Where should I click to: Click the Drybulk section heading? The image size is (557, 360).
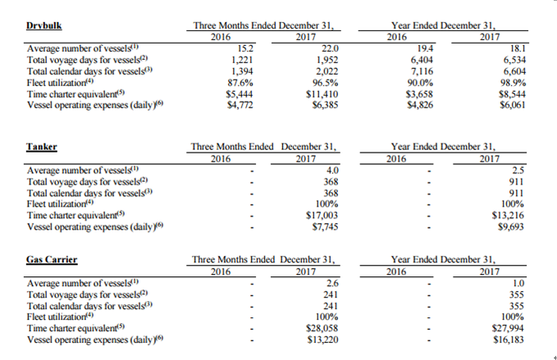click(x=44, y=25)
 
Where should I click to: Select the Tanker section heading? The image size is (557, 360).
click(x=42, y=147)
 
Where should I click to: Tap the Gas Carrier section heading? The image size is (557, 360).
click(x=52, y=259)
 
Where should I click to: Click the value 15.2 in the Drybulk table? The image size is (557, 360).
click(x=245, y=48)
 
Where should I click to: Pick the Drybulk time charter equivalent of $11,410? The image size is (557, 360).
click(x=322, y=94)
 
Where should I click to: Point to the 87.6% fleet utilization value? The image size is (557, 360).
click(x=240, y=83)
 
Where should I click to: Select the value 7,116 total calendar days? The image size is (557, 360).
click(x=422, y=71)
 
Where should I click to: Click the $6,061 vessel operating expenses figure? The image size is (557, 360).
click(x=512, y=105)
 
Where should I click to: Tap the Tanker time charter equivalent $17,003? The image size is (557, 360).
click(x=322, y=215)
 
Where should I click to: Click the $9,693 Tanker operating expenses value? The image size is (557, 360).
click(x=511, y=226)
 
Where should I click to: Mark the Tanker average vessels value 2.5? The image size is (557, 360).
click(x=518, y=170)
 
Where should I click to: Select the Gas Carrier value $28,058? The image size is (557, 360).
click(x=322, y=328)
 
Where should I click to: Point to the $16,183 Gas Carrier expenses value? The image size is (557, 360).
click(x=509, y=339)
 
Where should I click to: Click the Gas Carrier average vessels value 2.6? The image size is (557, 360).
click(x=332, y=283)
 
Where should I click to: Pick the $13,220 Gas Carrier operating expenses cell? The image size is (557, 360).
click(x=322, y=339)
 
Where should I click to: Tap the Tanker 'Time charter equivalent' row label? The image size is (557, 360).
click(x=75, y=215)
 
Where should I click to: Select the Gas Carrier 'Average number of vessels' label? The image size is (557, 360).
click(x=82, y=283)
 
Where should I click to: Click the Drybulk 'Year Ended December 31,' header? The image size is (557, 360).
click(x=443, y=25)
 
